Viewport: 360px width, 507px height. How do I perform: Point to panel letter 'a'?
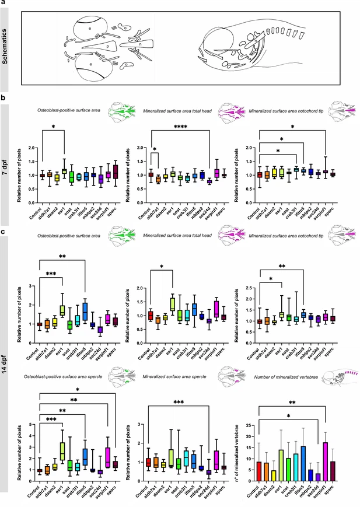pyautogui.click(x=4, y=4)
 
